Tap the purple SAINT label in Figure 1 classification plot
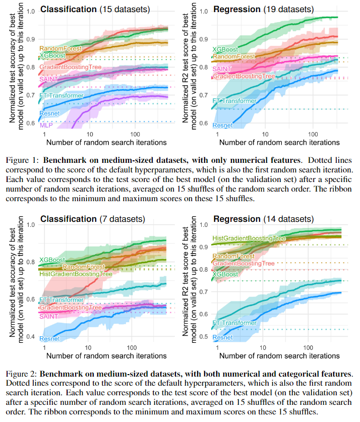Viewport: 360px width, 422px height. click(x=48, y=79)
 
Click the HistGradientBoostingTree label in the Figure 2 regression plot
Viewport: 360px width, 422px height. click(x=250, y=238)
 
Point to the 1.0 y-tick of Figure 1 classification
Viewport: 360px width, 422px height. click(x=33, y=11)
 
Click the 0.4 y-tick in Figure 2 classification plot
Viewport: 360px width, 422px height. click(x=33, y=337)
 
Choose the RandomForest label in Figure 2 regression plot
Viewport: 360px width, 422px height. click(x=233, y=256)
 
